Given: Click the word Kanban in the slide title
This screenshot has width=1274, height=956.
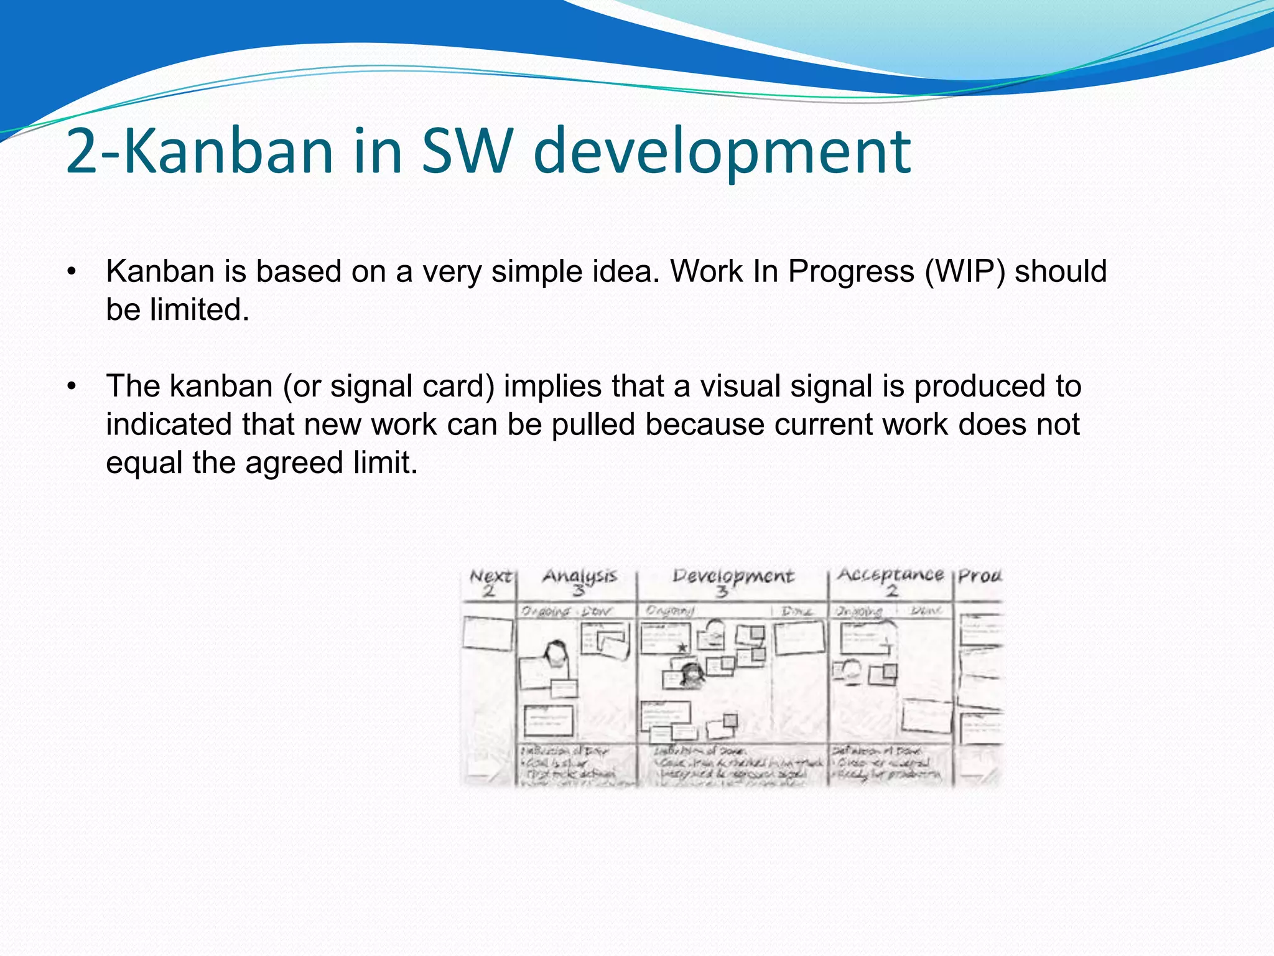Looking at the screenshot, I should [x=230, y=151].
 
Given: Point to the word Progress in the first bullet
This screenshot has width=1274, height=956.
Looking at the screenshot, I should [x=852, y=271].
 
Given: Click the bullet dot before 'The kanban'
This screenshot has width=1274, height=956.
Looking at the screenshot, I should [x=72, y=387].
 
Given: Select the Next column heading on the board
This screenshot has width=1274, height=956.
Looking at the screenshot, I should [x=490, y=576].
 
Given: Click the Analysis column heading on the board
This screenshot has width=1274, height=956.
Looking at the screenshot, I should [x=579, y=576].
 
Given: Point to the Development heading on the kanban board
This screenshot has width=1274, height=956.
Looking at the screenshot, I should [x=733, y=576].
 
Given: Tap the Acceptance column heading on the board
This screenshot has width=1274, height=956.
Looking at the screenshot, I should [x=890, y=574].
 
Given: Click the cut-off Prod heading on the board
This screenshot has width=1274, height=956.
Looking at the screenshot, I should [x=980, y=576].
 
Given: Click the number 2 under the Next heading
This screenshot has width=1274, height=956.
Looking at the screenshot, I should [x=489, y=591].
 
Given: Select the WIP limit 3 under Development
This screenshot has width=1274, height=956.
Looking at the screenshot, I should [x=722, y=591].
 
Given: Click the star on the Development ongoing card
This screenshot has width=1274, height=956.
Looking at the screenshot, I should [x=682, y=647].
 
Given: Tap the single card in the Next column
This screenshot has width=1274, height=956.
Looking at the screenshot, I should [x=488, y=633].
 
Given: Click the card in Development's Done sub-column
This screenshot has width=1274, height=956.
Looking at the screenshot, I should [x=799, y=637].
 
